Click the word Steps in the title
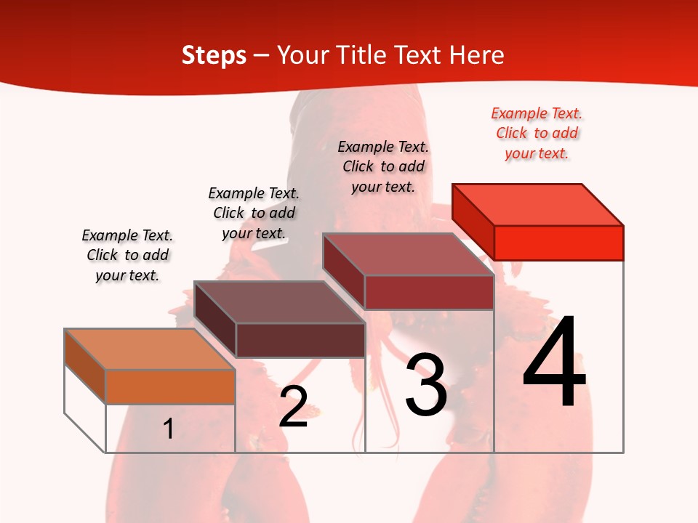click(x=214, y=55)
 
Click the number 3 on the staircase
click(x=426, y=385)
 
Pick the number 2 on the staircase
click(x=293, y=407)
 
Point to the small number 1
click(x=169, y=429)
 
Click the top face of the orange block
click(x=150, y=349)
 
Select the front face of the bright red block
click(x=558, y=243)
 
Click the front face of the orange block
click(x=170, y=386)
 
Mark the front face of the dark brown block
click(x=300, y=340)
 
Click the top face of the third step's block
click(x=409, y=254)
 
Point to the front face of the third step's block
click(x=429, y=292)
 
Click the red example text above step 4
click(x=537, y=133)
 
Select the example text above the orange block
click(x=127, y=255)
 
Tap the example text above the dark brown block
click(x=254, y=213)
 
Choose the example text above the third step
click(x=383, y=166)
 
